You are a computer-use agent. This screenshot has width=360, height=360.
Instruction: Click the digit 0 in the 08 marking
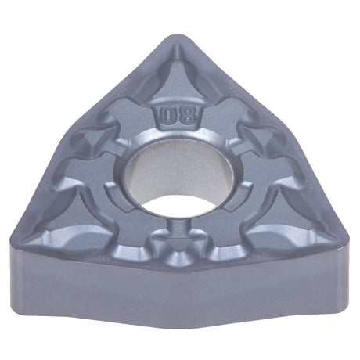(167, 117)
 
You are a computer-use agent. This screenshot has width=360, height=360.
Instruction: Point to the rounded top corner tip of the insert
(178, 37)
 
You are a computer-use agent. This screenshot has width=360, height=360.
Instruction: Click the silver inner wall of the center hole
(178, 167)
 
